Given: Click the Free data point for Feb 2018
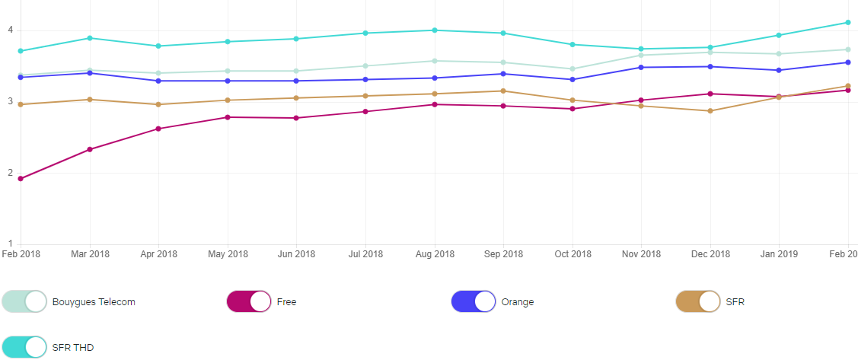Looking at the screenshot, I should point(21,179).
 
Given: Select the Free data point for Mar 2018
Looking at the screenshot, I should point(90,149).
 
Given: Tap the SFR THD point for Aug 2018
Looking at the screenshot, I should point(435,30).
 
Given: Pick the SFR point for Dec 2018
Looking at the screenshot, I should point(710,111).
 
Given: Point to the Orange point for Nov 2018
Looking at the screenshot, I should point(641,68).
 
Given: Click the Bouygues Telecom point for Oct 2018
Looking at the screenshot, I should point(573,69).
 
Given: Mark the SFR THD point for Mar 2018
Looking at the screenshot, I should point(90,38).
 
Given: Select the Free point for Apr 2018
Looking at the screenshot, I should point(158,129).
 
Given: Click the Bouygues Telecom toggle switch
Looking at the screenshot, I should point(25,301).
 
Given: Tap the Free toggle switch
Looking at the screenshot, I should point(249,301).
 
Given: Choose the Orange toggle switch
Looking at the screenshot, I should point(474,301).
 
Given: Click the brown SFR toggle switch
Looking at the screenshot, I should point(698,301).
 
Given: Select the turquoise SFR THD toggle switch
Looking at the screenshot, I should point(25,347).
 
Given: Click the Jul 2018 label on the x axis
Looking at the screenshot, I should point(365,254).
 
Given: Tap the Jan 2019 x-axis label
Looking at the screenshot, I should point(779,254).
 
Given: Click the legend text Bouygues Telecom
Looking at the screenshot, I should point(94,302).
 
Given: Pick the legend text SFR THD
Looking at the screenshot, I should point(73,348).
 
